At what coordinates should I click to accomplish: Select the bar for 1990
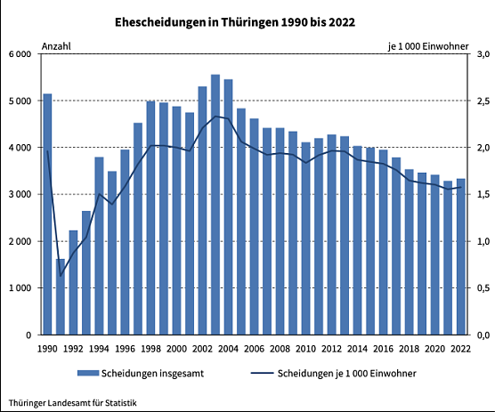[x=47, y=214]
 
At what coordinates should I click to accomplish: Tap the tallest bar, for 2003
[x=215, y=205]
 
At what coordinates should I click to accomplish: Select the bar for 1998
[x=150, y=218]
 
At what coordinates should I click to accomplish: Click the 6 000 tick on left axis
[x=20, y=54]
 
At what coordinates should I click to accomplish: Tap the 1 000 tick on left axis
[x=20, y=288]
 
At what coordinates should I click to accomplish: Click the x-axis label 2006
[x=254, y=348]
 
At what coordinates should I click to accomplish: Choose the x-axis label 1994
[x=99, y=348]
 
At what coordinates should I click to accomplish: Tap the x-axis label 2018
[x=409, y=348]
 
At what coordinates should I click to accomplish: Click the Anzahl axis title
[x=56, y=45]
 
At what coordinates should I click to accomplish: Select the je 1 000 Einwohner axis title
[x=427, y=45]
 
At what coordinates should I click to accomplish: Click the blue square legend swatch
[x=87, y=373]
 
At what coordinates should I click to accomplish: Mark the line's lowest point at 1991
[x=61, y=275]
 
